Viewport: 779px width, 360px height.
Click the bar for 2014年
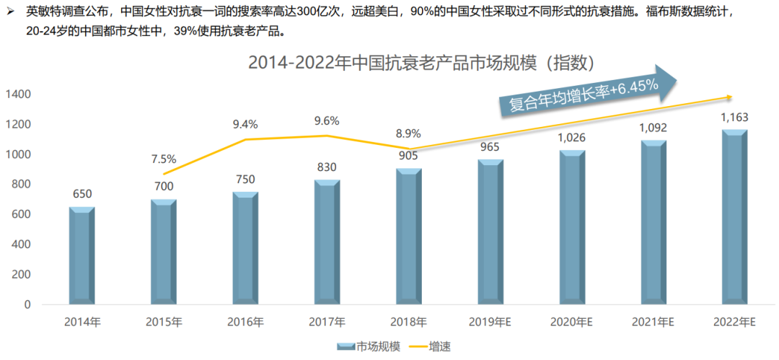point(82,256)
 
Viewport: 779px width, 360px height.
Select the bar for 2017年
point(327,242)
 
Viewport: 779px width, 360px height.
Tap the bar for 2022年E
point(735,216)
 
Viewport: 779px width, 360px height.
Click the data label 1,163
point(735,118)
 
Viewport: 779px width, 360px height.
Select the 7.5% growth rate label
point(163,159)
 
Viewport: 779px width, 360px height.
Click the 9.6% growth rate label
point(327,120)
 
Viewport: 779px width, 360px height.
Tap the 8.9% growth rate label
point(408,133)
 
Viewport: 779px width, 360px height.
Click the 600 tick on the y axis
point(22,214)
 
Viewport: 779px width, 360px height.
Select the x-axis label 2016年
point(245,322)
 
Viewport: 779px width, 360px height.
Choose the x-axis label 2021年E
point(653,322)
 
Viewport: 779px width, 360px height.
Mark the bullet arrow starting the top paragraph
point(11,12)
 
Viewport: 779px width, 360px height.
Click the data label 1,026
point(572,138)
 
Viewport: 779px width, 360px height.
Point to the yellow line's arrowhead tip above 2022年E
point(733,97)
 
